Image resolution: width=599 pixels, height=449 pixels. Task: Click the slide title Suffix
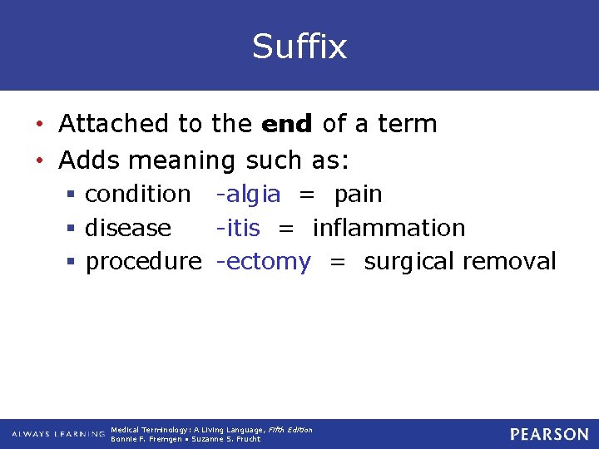(299, 47)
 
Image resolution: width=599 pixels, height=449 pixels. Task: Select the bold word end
(287, 124)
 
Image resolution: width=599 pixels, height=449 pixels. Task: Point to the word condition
(138, 194)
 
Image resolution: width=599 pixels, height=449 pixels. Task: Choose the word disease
(128, 227)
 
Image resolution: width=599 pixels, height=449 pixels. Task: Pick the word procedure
(143, 261)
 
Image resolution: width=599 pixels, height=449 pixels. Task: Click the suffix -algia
(248, 194)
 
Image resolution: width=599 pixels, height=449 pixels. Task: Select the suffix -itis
(238, 227)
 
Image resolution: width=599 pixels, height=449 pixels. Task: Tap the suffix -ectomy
(263, 261)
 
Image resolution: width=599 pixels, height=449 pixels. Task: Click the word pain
(358, 194)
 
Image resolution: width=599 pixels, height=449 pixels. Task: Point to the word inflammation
(389, 227)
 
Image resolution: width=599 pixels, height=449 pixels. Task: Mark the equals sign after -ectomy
(337, 262)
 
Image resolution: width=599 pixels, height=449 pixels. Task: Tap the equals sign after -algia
(307, 195)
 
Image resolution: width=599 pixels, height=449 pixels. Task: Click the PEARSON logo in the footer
(549, 434)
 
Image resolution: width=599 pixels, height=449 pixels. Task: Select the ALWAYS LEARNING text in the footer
(57, 434)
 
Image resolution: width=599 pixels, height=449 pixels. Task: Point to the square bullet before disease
(73, 228)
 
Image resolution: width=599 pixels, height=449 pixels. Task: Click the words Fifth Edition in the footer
(290, 429)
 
